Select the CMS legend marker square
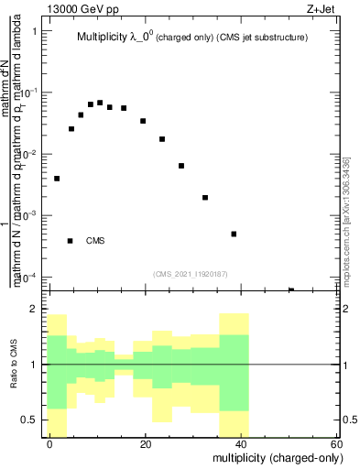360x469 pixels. pos(71,241)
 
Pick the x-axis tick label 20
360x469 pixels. pos(146,443)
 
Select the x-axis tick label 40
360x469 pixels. pos(241,443)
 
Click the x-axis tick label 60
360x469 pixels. pos(336,443)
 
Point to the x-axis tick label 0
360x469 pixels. pos(50,443)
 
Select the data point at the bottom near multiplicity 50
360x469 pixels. pos(291,290)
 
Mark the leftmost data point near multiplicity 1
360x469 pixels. pos(57,179)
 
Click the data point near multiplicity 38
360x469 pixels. pos(235,234)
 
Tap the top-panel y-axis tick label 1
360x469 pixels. pos(35,32)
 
